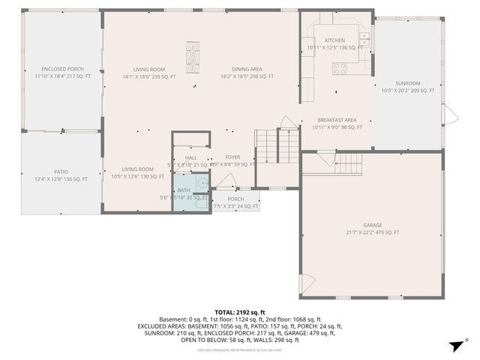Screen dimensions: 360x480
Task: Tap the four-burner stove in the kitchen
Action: coord(339,68)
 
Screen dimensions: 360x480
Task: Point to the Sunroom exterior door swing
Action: coord(449,115)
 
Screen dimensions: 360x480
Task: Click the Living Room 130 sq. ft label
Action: coord(138,173)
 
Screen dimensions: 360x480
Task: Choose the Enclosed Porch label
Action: coord(62,73)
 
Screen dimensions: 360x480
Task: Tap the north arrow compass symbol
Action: coord(454,346)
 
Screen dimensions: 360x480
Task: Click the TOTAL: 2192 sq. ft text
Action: coord(240,312)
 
